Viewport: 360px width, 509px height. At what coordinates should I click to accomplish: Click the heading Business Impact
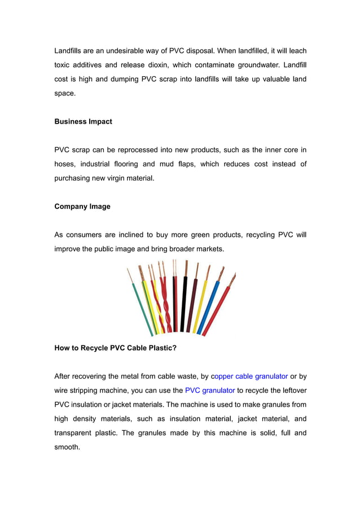click(x=83, y=121)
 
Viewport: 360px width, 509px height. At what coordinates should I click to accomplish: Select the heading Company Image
click(x=82, y=207)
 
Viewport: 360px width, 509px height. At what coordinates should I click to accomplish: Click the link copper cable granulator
click(x=248, y=376)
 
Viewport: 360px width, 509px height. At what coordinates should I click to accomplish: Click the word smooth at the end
click(x=67, y=447)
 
